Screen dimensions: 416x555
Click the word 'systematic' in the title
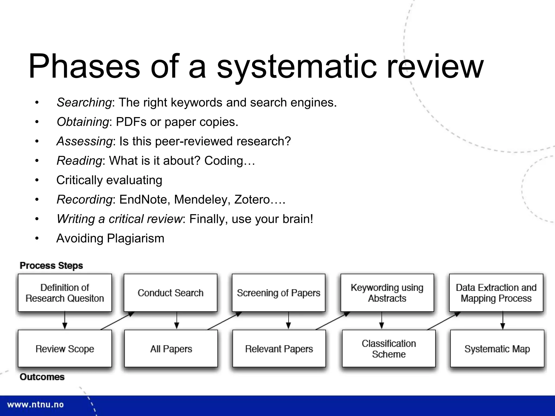[x=296, y=66]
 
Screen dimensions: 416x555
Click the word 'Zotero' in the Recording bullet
[x=252, y=200]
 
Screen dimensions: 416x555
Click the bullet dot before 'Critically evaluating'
[x=37, y=180]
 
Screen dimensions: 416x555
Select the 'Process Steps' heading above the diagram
[x=51, y=265]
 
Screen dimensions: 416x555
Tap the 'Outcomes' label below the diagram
[x=42, y=377]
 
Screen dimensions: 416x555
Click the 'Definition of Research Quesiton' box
[x=65, y=293]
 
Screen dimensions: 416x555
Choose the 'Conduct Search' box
[x=170, y=293]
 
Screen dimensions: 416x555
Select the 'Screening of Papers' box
[x=279, y=293]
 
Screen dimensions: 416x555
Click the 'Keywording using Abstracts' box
[x=387, y=293]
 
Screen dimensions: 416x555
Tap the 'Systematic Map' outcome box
[x=497, y=349]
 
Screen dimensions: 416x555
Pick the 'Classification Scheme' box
[x=389, y=349]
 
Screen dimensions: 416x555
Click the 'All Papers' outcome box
[x=171, y=349]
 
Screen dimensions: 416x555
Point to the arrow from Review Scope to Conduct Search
[x=117, y=321]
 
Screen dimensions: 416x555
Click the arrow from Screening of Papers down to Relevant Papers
[x=288, y=321]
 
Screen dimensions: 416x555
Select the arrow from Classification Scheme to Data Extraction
[x=444, y=321]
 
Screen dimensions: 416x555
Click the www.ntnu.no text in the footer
[x=35, y=405]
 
